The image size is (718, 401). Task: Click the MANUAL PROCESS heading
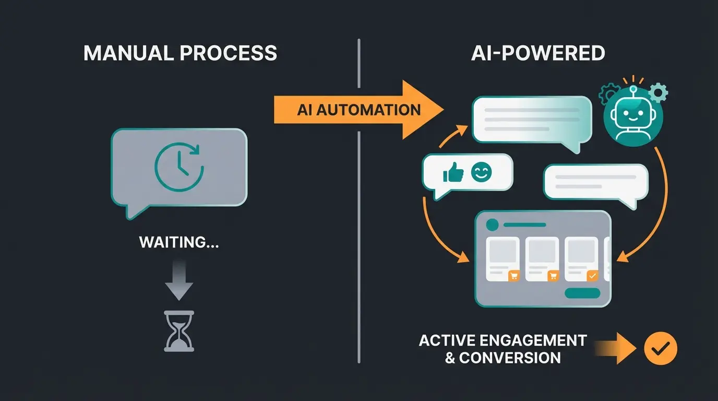pos(180,53)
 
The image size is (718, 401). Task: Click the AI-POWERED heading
pos(538,53)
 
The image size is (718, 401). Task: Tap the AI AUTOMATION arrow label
pos(359,110)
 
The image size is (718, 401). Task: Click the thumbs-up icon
pos(453,172)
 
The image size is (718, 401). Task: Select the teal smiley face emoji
pos(481,172)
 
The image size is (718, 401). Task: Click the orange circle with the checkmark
pos(660,349)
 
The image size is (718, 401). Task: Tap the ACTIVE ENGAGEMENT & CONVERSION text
pos(502,349)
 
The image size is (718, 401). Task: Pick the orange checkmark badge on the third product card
pos(592,276)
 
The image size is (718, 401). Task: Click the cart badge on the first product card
pos(513,276)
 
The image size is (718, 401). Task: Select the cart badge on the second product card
pos(553,276)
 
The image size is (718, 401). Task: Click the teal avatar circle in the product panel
pos(491,225)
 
